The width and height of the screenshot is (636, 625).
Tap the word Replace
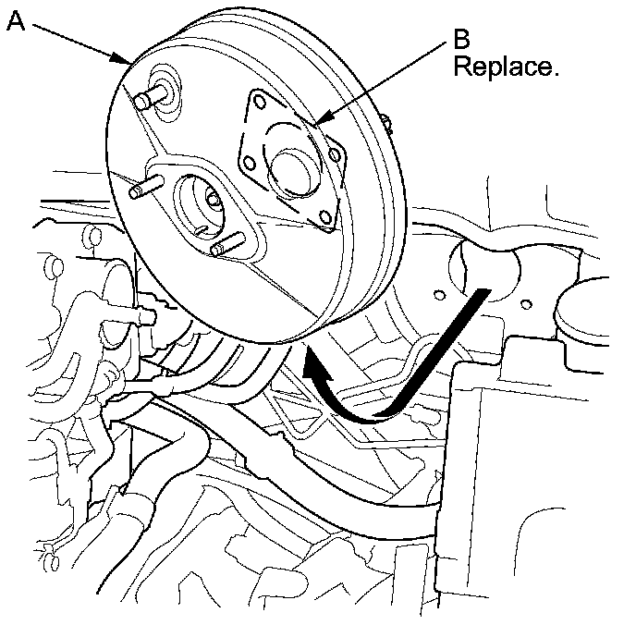[x=505, y=69]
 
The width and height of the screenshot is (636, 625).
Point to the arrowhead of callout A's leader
[x=128, y=63]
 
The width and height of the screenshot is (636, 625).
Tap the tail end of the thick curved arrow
[x=481, y=294]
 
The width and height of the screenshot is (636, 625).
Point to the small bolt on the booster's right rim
[x=385, y=118]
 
